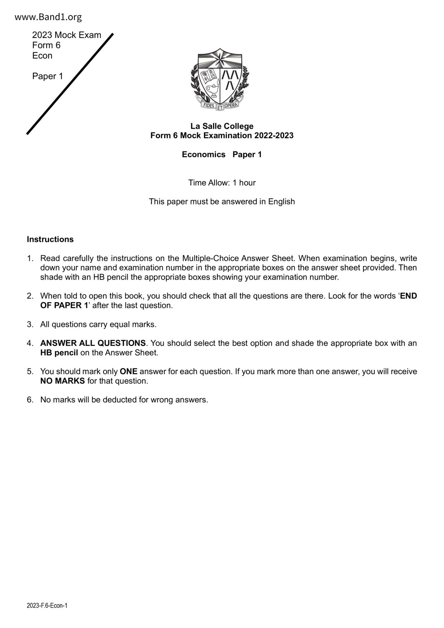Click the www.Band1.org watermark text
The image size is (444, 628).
(48, 17)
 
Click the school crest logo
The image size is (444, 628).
(220, 79)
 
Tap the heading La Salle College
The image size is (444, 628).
(222, 126)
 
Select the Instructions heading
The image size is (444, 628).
(50, 239)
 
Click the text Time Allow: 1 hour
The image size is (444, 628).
(222, 183)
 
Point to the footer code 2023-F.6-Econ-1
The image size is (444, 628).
(47, 605)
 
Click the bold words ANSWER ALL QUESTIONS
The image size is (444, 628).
(93, 343)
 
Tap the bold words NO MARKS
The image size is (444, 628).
(63, 381)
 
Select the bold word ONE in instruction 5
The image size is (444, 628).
(129, 371)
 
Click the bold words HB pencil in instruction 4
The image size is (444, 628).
(59, 353)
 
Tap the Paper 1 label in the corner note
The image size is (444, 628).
(48, 76)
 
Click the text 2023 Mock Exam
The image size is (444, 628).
(67, 35)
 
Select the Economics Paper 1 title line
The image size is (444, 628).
(222, 154)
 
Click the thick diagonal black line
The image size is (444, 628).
(70, 84)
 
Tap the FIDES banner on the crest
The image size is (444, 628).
(209, 105)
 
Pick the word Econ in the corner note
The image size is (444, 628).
(42, 55)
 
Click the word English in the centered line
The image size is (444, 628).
(281, 202)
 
